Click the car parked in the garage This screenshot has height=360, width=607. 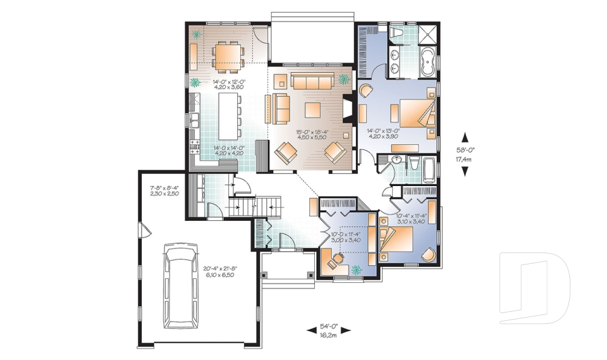pyautogui.click(x=180, y=287)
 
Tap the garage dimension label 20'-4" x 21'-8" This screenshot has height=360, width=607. pyautogui.click(x=220, y=272)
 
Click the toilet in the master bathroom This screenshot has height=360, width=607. pyautogui.click(x=398, y=32)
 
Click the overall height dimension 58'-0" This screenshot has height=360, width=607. pyautogui.click(x=465, y=154)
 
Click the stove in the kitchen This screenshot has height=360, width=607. pyautogui.click(x=195, y=147)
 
